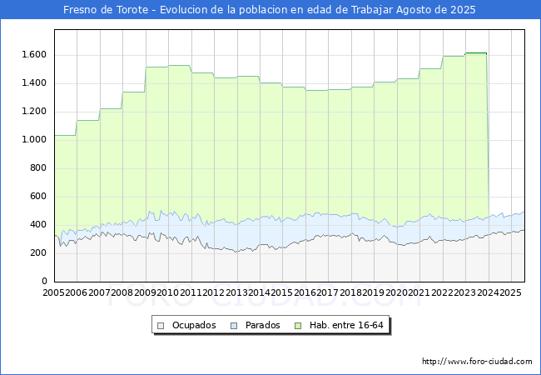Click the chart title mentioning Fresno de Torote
270,10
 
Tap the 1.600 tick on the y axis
34,54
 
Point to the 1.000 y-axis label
34,139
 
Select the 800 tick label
38,167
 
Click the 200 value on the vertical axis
38,252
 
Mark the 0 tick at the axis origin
44,281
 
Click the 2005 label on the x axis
53,292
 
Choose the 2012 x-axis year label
214,292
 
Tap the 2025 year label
511,292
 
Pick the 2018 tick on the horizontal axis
351,292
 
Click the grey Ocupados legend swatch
161,326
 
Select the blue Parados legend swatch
234,326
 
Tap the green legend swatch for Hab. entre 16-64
298,326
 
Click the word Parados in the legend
262,325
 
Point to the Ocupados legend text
194,325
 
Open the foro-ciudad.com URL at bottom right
477,362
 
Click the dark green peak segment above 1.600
476,53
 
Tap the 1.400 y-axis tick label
34,82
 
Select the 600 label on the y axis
38,196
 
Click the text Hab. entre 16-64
346,325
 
